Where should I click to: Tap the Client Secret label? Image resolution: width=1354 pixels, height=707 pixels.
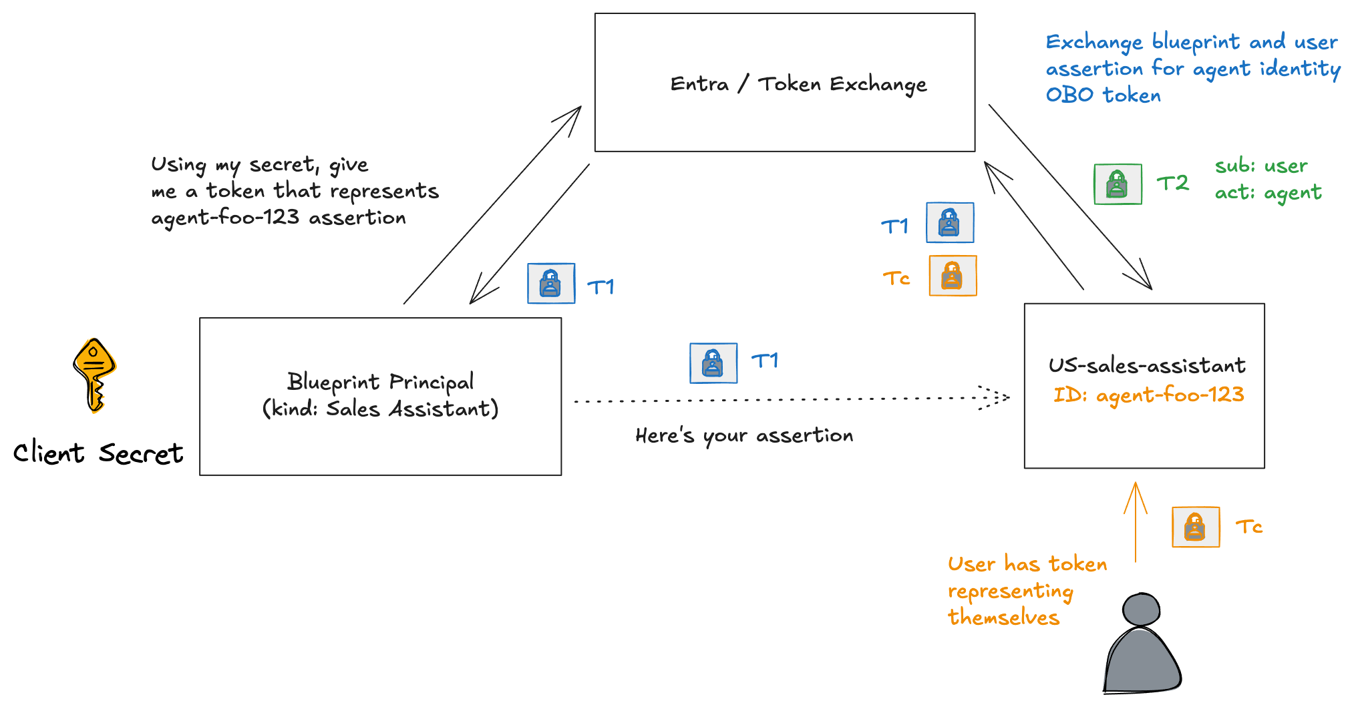coord(98,453)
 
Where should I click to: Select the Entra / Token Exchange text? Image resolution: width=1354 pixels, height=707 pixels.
coord(798,84)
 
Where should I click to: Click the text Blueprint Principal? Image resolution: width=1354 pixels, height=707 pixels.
coord(380,381)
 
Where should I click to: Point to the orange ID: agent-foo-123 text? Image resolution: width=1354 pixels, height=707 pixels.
coord(1148,395)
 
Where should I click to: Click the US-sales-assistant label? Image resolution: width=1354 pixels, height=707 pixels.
coord(1146,365)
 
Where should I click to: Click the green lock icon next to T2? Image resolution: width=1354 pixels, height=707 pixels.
coord(1118,184)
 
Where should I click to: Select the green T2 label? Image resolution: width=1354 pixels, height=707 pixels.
coord(1172,183)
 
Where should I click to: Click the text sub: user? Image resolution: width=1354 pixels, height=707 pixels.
coord(1260,166)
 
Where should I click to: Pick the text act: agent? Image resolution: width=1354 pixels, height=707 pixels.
coord(1267,192)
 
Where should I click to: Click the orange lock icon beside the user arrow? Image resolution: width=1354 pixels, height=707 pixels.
coord(1196,527)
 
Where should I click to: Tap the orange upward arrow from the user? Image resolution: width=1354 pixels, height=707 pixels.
coord(1135,521)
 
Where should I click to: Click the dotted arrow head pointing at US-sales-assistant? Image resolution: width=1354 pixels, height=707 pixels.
coord(994,398)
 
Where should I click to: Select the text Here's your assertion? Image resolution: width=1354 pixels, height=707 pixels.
coord(744,435)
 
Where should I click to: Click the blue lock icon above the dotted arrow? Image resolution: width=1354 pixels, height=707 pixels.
coord(713,363)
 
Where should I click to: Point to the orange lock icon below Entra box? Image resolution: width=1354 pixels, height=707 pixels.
coord(953,276)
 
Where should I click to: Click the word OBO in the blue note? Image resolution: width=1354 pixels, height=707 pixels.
coord(1069,95)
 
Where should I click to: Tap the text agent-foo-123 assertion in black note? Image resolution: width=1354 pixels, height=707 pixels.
coord(279,218)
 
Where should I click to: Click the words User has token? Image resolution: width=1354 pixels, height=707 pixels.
coord(1027,564)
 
